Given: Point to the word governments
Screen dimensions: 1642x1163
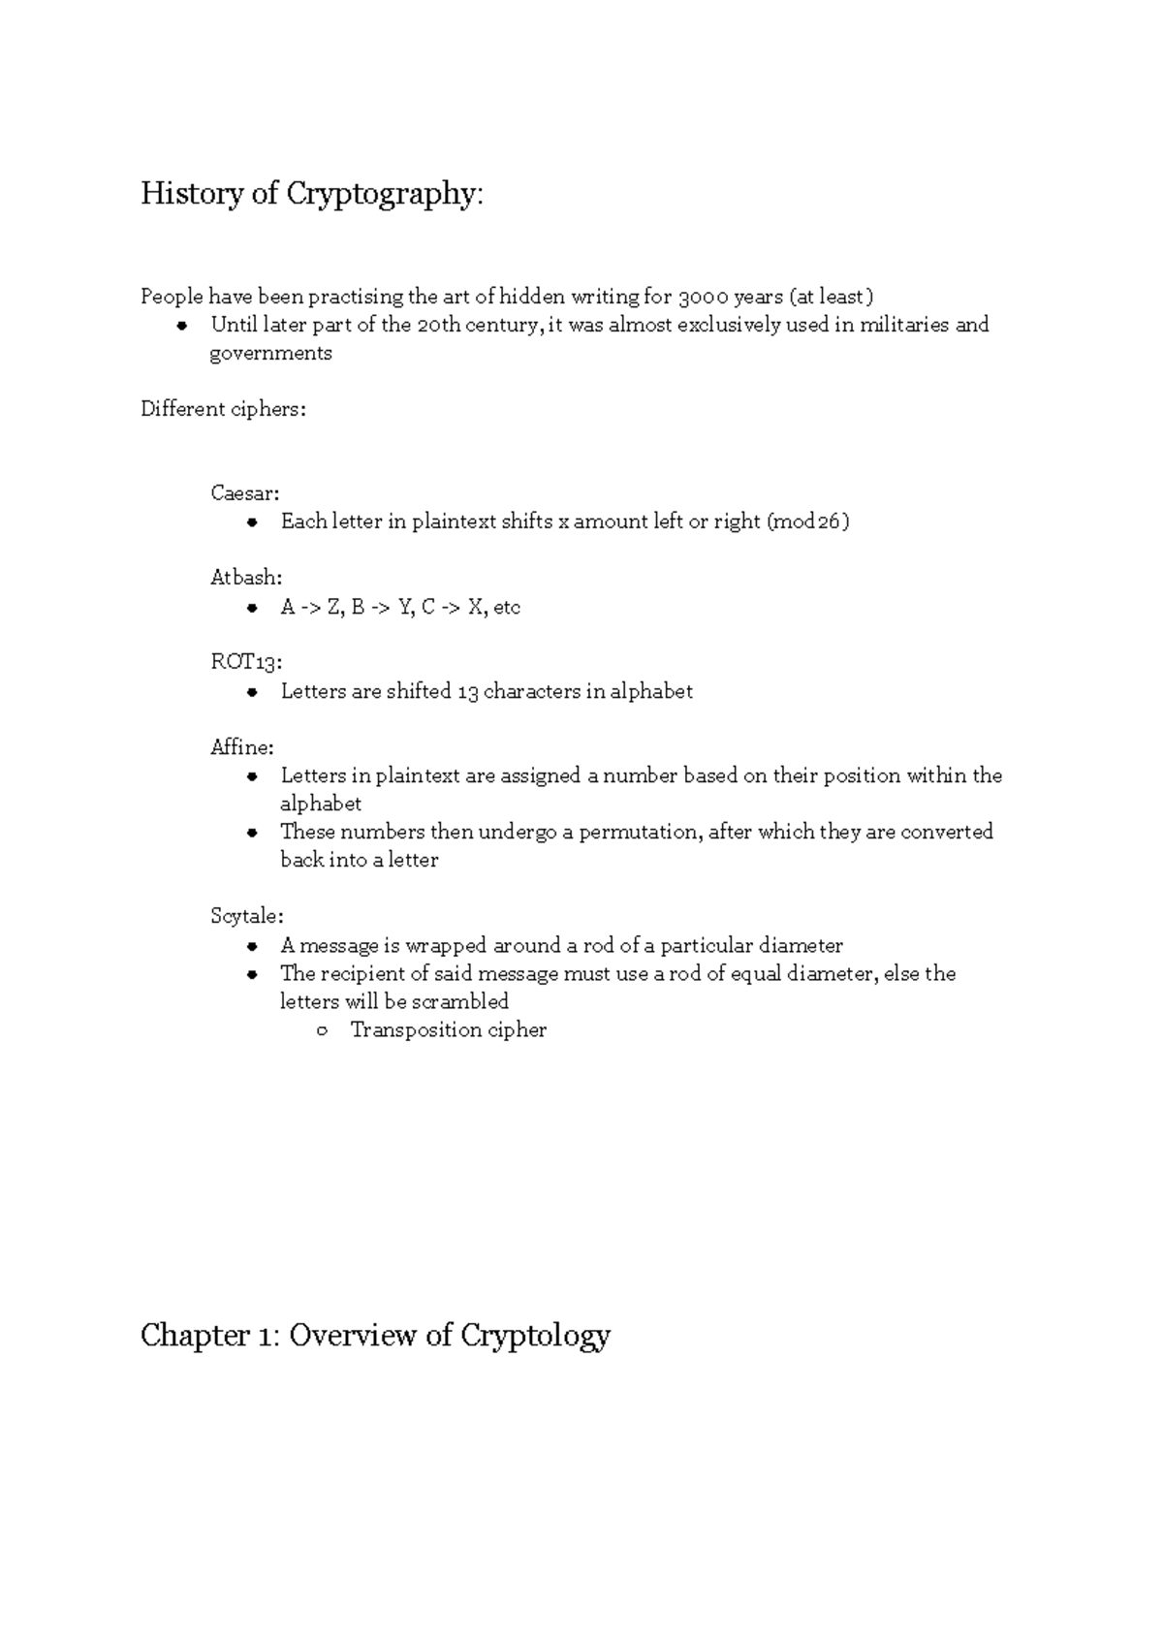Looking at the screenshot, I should coord(270,353).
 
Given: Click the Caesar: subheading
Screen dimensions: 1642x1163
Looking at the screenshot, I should coord(244,492).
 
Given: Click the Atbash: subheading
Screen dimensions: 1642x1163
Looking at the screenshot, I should coord(246,578).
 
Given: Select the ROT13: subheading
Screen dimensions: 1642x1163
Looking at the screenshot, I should coord(246,662).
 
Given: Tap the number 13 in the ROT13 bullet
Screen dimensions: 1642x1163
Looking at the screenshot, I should coord(467,691).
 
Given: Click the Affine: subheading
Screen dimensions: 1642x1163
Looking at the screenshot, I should coord(242,747).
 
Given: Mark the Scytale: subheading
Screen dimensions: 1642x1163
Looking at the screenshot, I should coord(246,916).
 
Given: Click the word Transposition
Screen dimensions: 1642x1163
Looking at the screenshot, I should coord(416,1029).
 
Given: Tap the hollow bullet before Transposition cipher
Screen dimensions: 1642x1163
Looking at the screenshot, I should coord(322,1030).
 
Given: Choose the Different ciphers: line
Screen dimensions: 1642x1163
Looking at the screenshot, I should coord(223,409).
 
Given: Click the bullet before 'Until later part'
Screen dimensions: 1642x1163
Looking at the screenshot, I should coord(181,326).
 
